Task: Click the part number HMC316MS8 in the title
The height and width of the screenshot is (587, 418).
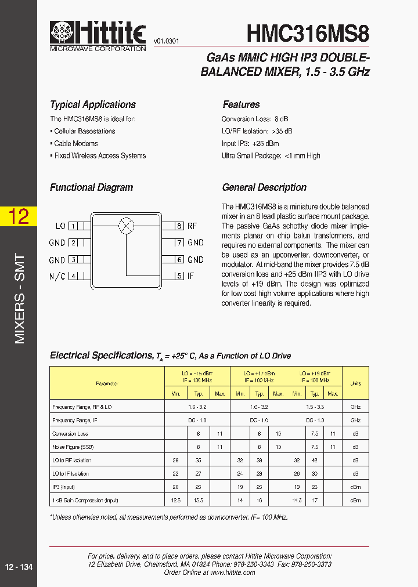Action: (x=308, y=34)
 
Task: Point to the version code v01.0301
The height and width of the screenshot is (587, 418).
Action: (x=166, y=41)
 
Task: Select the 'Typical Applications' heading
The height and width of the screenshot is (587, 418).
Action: (x=93, y=104)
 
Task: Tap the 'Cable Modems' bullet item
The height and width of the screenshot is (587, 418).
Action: (x=75, y=143)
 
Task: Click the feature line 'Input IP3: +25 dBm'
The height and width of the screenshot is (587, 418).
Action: (x=250, y=143)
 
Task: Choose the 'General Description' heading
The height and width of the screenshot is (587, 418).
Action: (x=264, y=187)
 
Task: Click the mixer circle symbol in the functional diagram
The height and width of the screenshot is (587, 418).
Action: (x=126, y=226)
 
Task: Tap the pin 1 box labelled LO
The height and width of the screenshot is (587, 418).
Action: (x=74, y=226)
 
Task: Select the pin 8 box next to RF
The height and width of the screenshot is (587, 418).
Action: (x=179, y=226)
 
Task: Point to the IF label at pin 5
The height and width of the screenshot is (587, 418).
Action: (x=191, y=276)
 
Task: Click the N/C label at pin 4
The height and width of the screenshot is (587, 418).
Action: (x=57, y=276)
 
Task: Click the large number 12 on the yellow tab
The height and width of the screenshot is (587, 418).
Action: (x=18, y=216)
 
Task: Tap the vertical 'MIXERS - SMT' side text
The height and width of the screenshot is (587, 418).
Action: (x=19, y=299)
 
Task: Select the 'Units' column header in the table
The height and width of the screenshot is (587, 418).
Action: (x=355, y=383)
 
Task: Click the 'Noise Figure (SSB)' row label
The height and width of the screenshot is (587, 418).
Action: (x=73, y=447)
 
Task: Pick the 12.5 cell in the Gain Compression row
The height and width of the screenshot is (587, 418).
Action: (x=175, y=500)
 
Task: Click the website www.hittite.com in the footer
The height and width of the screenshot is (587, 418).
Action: (x=232, y=572)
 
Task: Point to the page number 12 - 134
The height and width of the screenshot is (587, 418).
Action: (x=19, y=567)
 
